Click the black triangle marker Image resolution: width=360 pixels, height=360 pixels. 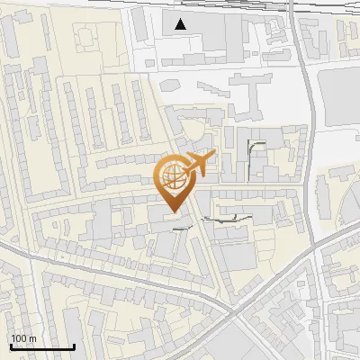click(x=181, y=24)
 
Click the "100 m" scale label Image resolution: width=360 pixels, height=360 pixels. click(x=23, y=338)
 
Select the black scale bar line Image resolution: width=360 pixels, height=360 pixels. click(x=42, y=346)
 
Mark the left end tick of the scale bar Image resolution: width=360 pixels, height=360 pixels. click(x=11, y=345)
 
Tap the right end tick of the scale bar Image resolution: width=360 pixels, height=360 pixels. click(x=74, y=345)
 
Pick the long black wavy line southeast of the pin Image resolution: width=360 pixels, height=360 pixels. click(x=225, y=217)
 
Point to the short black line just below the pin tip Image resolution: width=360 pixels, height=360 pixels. click(x=182, y=229)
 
